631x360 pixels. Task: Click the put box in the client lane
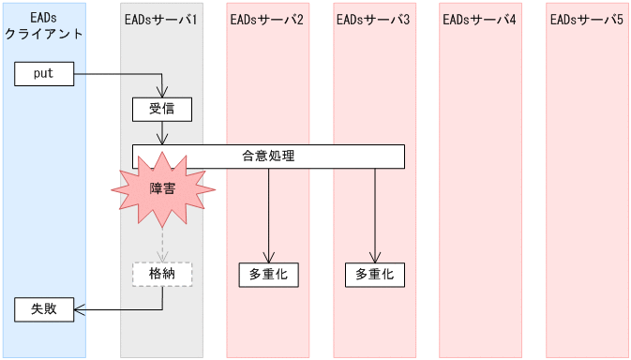pyautogui.click(x=44, y=74)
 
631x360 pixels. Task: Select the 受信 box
pyautogui.click(x=162, y=110)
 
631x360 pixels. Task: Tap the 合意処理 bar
pyautogui.click(x=268, y=157)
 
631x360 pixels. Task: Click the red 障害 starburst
pyautogui.click(x=163, y=187)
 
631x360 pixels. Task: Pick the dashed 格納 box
pyautogui.click(x=162, y=274)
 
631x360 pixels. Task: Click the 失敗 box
pyautogui.click(x=44, y=308)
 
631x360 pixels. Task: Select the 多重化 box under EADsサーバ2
pyautogui.click(x=268, y=275)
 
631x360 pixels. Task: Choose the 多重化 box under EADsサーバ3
pyautogui.click(x=375, y=275)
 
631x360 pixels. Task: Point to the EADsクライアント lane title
pyautogui.click(x=43, y=26)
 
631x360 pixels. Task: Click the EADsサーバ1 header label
pyautogui.click(x=161, y=20)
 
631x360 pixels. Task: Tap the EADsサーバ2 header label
pyautogui.click(x=267, y=20)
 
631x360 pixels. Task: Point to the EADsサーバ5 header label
pyautogui.click(x=587, y=20)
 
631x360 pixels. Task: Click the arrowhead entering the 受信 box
pyautogui.click(x=163, y=93)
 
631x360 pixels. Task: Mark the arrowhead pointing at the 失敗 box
pyautogui.click(x=79, y=308)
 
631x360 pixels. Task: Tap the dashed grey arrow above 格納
pyautogui.click(x=163, y=244)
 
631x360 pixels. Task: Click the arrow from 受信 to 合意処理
pyautogui.click(x=163, y=133)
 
